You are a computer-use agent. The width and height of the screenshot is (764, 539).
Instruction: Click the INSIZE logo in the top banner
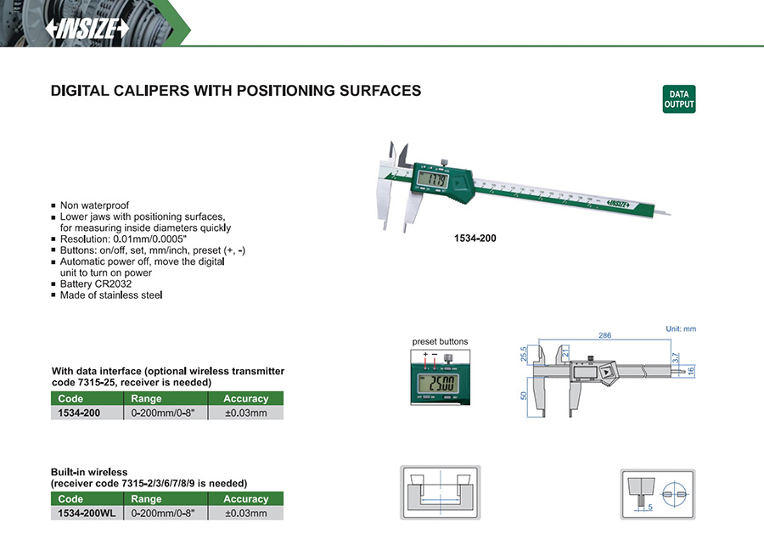(87, 29)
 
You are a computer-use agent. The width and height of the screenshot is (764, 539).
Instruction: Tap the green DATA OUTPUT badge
(679, 99)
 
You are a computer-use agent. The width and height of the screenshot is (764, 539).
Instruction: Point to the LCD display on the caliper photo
(433, 180)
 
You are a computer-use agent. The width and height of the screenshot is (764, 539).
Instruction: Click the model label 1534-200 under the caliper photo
(475, 239)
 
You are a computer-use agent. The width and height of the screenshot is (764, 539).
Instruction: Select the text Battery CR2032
(95, 284)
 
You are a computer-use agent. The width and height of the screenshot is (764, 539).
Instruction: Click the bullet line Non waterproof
(94, 205)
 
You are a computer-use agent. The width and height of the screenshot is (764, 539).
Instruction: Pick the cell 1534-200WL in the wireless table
(87, 514)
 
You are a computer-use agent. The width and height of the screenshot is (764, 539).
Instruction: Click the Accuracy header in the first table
(246, 399)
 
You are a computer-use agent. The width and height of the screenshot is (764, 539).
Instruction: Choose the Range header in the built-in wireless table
(146, 499)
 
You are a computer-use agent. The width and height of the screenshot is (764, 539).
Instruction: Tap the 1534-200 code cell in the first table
(79, 413)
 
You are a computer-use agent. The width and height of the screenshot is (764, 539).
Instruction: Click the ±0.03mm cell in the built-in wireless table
(246, 514)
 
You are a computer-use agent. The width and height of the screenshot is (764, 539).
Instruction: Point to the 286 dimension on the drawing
(604, 335)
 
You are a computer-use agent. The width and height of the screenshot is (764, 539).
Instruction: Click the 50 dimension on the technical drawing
(524, 396)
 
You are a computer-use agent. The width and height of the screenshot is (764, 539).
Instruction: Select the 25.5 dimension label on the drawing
(524, 354)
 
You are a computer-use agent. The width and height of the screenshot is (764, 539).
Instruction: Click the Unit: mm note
(681, 329)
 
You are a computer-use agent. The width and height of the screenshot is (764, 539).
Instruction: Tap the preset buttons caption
(440, 341)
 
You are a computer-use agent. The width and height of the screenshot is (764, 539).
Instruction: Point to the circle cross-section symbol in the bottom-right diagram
(674, 495)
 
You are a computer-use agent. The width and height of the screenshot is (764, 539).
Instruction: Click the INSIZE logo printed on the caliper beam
(618, 204)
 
